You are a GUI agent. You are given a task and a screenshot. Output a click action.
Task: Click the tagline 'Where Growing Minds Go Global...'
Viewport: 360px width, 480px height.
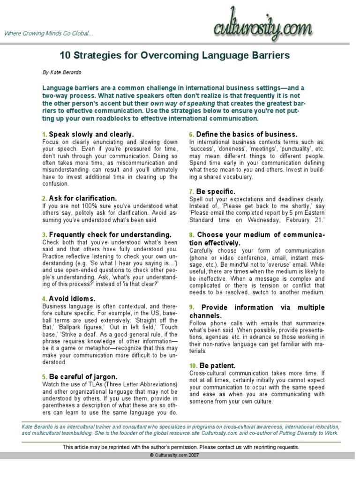coord(49,34)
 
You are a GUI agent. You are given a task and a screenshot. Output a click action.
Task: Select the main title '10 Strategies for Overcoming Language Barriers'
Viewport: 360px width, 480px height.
coord(175,56)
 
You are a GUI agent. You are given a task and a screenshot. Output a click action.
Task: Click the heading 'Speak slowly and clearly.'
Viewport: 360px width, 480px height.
coord(91,134)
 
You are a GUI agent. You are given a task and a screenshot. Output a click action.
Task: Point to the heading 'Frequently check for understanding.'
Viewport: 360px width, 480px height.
coord(110,234)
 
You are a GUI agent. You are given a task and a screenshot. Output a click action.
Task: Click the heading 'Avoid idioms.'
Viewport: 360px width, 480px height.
coord(72,299)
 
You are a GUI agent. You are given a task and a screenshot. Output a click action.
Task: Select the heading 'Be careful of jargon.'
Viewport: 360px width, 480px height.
coord(83,376)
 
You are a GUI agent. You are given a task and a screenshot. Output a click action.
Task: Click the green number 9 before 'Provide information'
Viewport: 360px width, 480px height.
coord(191,307)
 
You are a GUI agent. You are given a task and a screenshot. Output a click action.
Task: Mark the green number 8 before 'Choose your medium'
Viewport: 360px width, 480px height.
coord(191,234)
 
